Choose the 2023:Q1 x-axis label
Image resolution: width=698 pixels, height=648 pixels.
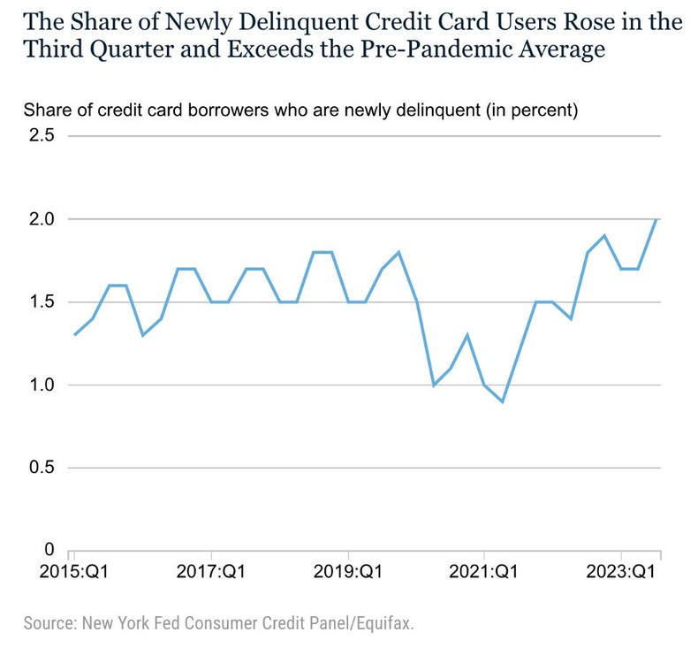point(621,571)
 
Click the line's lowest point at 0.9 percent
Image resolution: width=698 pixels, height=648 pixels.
point(503,401)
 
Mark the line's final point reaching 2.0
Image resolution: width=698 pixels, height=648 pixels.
point(656,219)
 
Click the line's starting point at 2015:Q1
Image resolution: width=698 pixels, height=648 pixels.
point(74,335)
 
